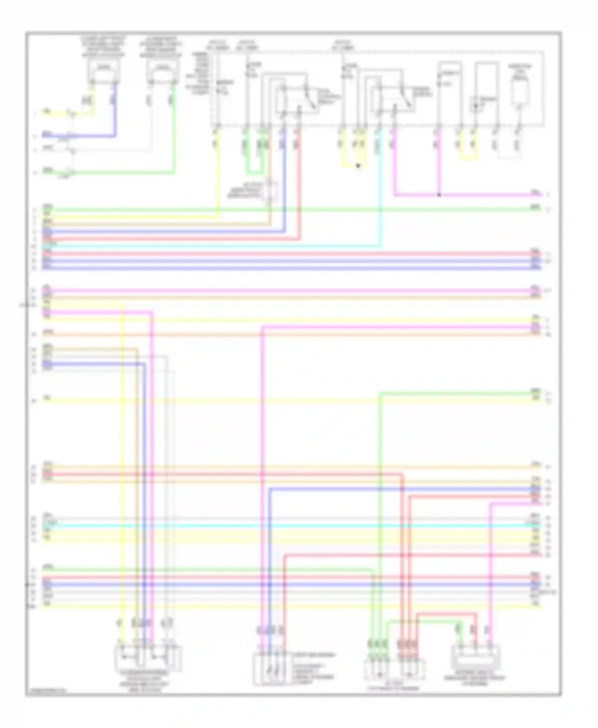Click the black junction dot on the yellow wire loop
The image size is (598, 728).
click(x=358, y=166)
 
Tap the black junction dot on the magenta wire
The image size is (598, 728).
click(x=439, y=195)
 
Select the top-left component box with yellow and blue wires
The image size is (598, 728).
click(x=104, y=72)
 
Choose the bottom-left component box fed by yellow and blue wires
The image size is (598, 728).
click(x=148, y=658)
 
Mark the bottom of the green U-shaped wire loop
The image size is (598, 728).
click(x=254, y=174)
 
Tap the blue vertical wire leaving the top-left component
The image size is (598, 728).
click(x=116, y=112)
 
